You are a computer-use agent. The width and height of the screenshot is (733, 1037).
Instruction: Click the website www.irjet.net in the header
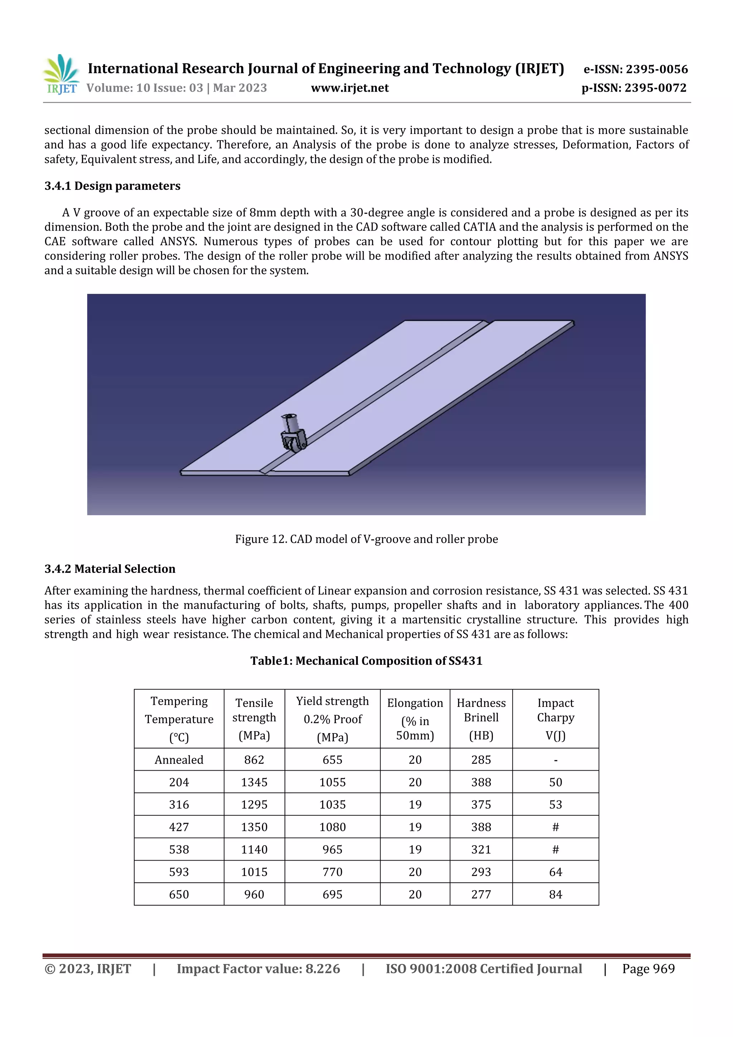click(350, 88)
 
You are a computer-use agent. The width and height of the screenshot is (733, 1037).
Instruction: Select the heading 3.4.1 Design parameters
click(112, 186)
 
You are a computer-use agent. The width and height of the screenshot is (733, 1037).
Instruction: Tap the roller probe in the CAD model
click(293, 433)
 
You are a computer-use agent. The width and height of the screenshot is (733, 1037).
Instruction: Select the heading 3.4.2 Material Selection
click(110, 569)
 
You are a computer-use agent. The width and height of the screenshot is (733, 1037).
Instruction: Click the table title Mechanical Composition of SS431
click(366, 661)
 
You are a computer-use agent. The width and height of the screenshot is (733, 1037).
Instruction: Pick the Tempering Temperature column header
click(179, 718)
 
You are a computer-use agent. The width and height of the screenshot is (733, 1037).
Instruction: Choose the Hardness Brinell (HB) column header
click(481, 718)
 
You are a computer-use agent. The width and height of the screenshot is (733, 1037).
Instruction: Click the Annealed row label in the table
click(179, 760)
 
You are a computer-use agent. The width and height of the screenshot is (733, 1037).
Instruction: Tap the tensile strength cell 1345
click(254, 782)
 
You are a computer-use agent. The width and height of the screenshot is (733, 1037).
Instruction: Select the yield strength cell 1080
click(332, 827)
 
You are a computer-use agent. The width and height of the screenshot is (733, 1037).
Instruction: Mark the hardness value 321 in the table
click(481, 849)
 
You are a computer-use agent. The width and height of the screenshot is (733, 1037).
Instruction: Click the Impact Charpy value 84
click(555, 894)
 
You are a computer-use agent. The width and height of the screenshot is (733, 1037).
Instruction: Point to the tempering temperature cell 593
click(179, 872)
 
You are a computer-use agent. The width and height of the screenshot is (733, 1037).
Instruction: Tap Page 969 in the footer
click(648, 968)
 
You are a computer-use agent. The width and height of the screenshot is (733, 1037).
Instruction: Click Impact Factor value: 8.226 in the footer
click(258, 968)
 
